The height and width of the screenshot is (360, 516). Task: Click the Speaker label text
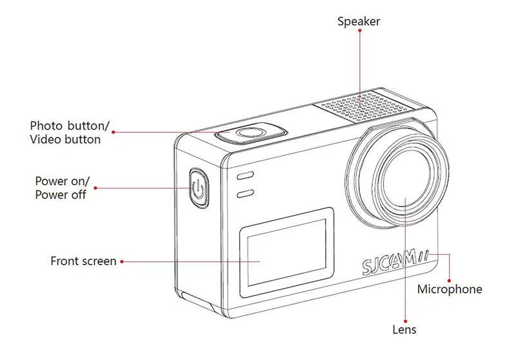(x=359, y=22)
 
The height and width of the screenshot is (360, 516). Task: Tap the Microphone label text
(x=449, y=289)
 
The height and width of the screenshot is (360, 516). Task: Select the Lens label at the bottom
(x=404, y=330)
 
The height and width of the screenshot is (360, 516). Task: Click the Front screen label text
(x=83, y=261)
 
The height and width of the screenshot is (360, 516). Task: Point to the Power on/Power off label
(x=61, y=187)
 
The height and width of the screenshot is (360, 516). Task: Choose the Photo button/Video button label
(x=70, y=132)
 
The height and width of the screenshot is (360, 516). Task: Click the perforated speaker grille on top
(x=362, y=106)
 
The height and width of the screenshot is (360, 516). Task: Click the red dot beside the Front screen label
(x=123, y=261)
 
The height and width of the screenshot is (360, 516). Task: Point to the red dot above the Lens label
(x=404, y=317)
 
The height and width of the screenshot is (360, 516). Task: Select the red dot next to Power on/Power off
(x=95, y=188)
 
